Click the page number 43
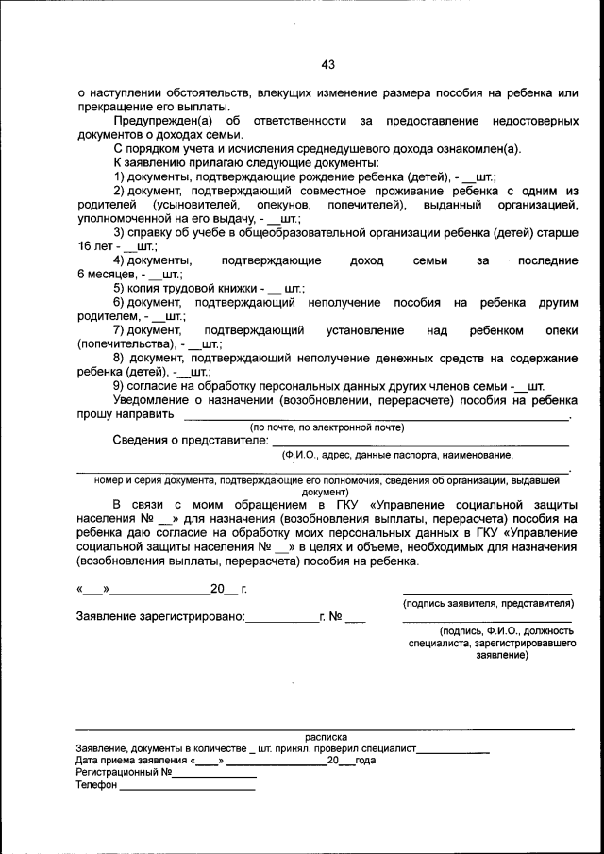(x=327, y=64)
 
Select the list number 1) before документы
(x=119, y=176)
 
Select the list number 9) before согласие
(x=119, y=386)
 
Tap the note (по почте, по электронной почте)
(x=327, y=427)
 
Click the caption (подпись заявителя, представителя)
(x=487, y=603)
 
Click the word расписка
(x=326, y=736)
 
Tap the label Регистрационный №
(x=123, y=771)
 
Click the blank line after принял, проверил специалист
(x=453, y=751)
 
